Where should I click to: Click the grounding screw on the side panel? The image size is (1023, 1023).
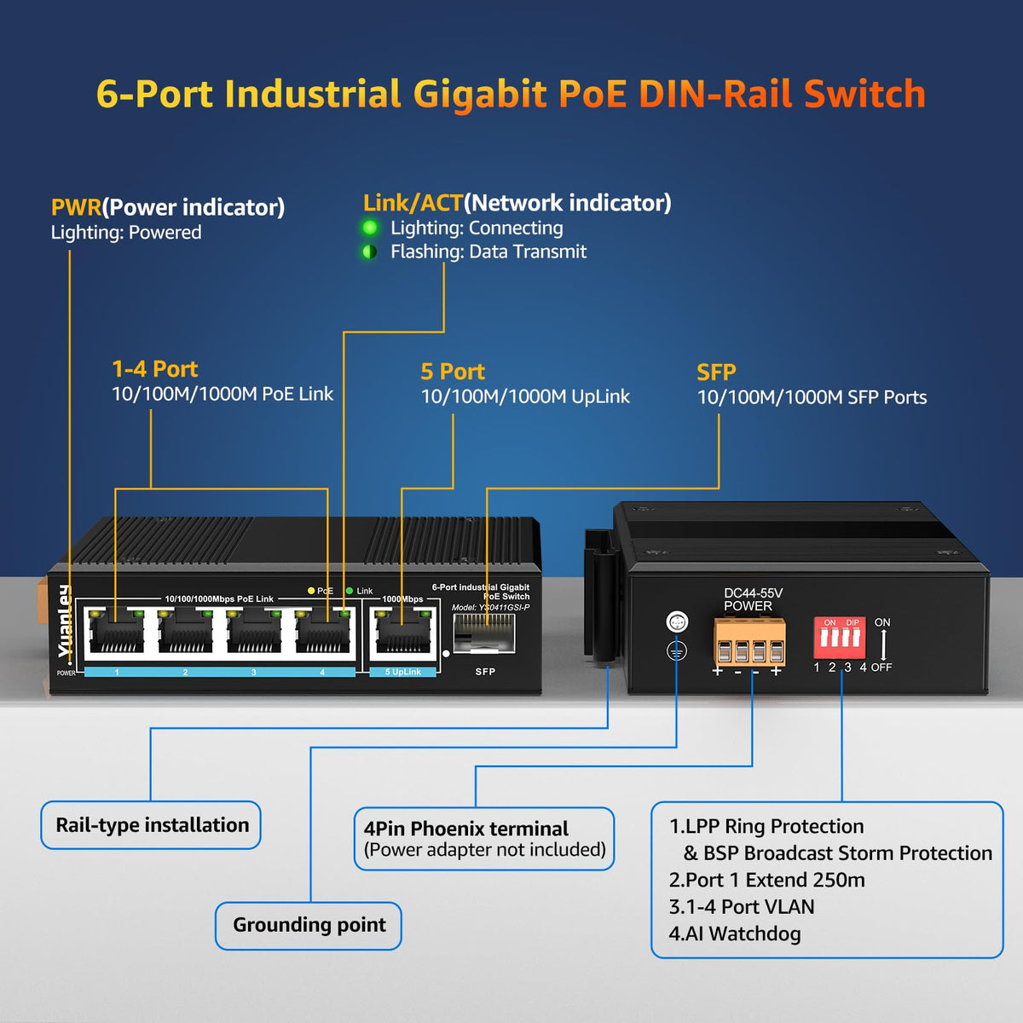point(676,622)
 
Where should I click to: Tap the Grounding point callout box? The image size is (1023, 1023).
point(309,925)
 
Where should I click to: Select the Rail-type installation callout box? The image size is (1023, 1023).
point(152,825)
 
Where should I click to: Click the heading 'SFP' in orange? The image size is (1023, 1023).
point(716,373)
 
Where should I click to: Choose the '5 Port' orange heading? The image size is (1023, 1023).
point(453,372)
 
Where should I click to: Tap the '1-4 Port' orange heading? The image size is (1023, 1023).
point(154,369)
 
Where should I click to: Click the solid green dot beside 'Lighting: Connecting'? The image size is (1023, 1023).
point(370,228)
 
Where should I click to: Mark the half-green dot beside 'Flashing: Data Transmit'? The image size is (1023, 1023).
point(370,251)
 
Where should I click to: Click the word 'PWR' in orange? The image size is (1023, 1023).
point(76,207)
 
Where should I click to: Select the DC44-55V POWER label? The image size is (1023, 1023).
point(751,599)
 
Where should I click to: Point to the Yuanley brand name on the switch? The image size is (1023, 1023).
point(65,621)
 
